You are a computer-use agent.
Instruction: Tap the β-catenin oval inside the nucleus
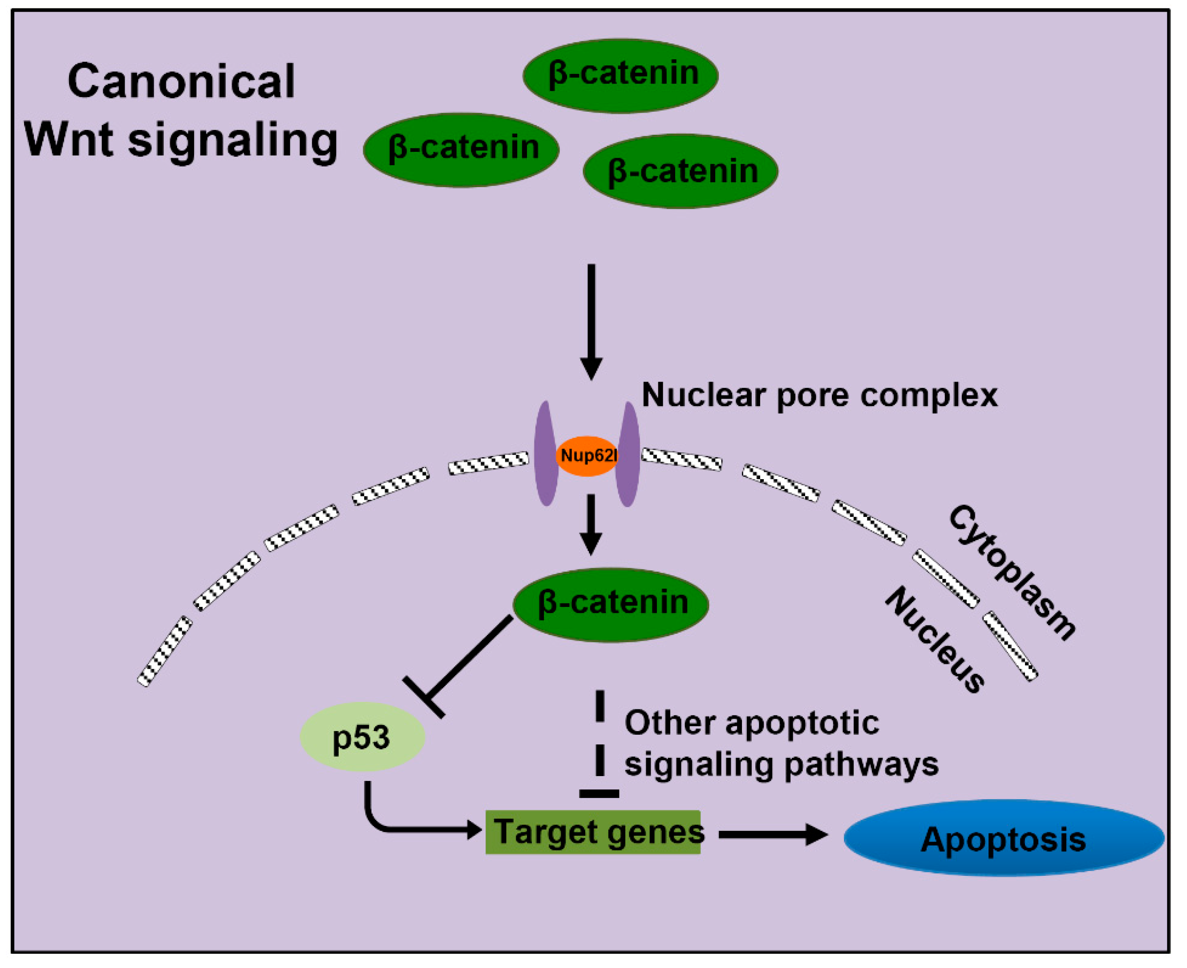click(x=610, y=605)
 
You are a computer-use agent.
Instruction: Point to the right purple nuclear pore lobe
click(x=628, y=455)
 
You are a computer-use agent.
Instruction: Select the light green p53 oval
click(x=362, y=737)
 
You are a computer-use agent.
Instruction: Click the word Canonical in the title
click(x=181, y=81)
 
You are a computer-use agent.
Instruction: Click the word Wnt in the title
click(x=69, y=139)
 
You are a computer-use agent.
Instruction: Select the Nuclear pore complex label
click(x=819, y=395)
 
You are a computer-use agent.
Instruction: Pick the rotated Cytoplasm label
click(x=1012, y=572)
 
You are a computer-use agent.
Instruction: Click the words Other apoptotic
click(x=751, y=723)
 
